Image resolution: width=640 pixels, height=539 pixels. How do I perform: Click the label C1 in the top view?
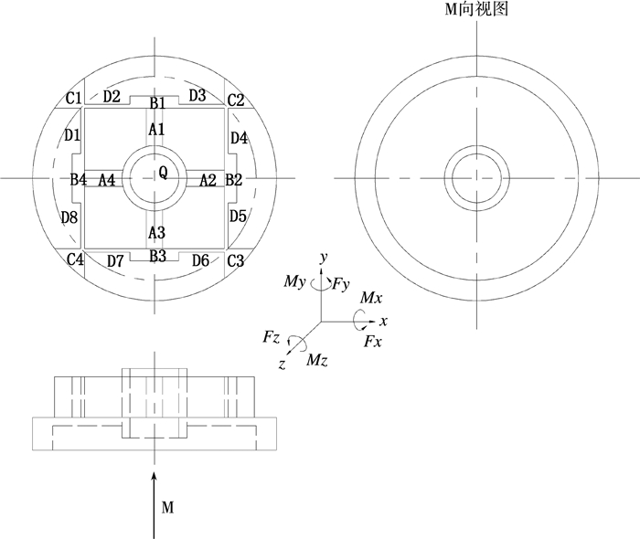74,98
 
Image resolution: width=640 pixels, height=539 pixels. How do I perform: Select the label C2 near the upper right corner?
236,100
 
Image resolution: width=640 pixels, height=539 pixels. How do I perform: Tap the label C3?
236,260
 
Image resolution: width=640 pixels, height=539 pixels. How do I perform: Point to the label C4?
75,259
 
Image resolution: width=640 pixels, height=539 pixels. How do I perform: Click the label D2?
112,95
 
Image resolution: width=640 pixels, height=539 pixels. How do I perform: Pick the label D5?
238,217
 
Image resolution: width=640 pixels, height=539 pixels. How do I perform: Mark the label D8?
69,217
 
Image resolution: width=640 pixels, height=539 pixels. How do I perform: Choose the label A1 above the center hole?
157,130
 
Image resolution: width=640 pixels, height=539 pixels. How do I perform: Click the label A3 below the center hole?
157,232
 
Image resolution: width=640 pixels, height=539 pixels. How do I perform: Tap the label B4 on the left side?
79,179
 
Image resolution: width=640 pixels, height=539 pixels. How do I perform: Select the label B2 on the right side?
234,179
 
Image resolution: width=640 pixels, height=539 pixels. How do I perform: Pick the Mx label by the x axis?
371,299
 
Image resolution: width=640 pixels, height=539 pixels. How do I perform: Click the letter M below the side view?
166,505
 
